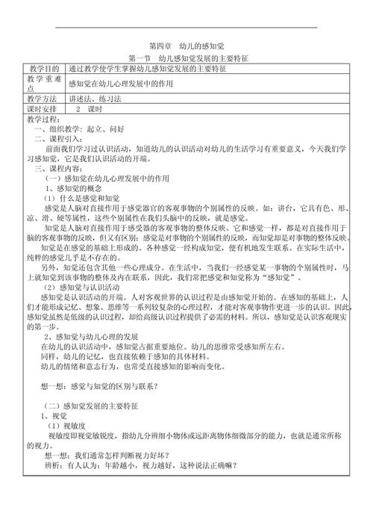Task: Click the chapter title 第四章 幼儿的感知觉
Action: click(x=186, y=46)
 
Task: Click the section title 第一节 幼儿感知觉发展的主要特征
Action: click(x=187, y=58)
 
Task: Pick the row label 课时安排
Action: click(x=42, y=109)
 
